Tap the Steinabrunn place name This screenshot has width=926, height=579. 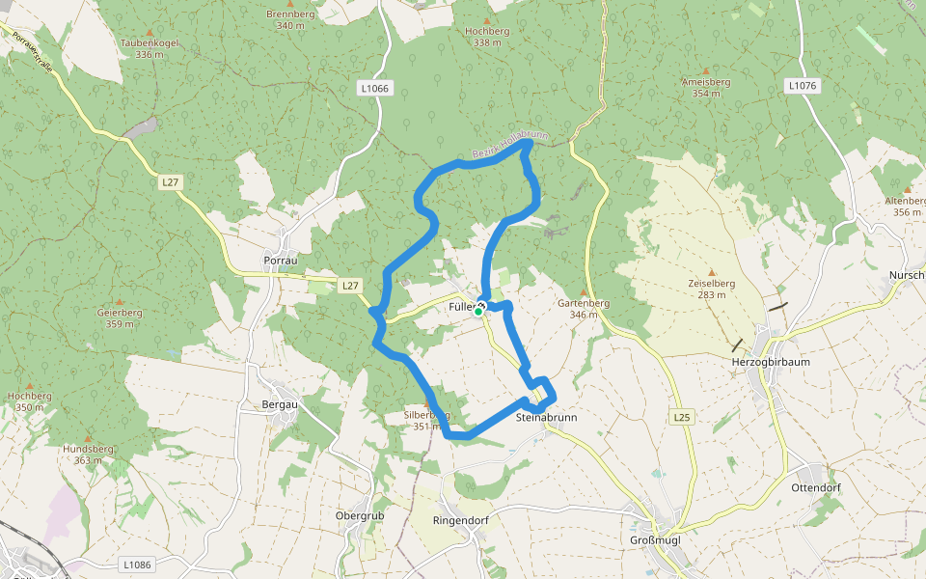click(547, 417)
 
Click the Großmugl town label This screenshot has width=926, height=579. click(655, 539)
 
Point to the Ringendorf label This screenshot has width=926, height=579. click(460, 520)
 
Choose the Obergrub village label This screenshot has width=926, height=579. click(360, 515)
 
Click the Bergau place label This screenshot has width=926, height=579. click(279, 404)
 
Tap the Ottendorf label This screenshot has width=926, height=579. click(815, 487)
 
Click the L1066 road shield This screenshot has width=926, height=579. click(374, 88)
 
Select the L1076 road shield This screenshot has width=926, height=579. click(802, 86)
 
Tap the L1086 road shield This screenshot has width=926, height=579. click(138, 564)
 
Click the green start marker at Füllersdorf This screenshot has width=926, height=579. click(478, 312)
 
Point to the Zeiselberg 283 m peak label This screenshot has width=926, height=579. click(712, 289)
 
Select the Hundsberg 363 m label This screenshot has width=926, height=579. click(88, 455)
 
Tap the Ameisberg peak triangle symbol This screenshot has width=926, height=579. click(706, 71)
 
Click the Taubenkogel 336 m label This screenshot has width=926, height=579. click(149, 48)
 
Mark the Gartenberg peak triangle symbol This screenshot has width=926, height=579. click(584, 291)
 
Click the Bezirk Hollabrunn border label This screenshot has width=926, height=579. click(510, 145)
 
